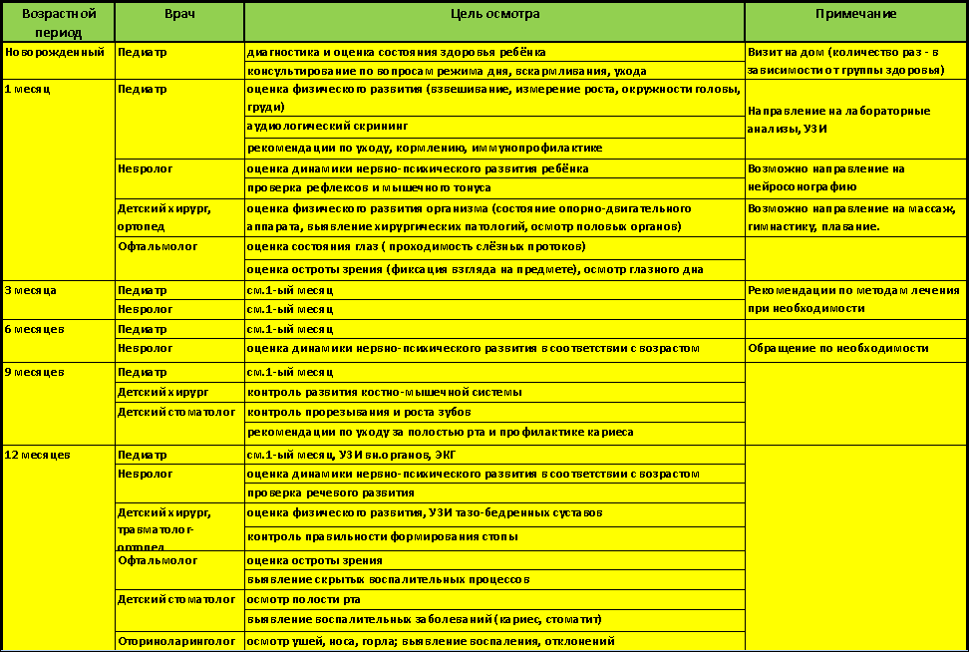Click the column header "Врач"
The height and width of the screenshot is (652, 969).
click(x=179, y=14)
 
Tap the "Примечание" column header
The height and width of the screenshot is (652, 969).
click(x=855, y=14)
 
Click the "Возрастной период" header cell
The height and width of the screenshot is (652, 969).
click(x=58, y=21)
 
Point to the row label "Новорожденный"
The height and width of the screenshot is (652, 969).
click(x=55, y=52)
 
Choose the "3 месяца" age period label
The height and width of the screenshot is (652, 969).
click(x=31, y=290)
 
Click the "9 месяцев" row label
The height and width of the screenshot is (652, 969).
click(x=35, y=372)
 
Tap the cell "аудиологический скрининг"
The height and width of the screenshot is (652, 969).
click(x=327, y=127)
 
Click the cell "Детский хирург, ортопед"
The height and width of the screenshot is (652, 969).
click(x=164, y=217)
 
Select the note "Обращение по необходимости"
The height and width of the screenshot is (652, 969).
click(x=838, y=348)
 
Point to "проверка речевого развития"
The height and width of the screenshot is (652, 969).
click(x=330, y=492)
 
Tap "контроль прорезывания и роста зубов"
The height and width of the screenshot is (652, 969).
click(x=359, y=412)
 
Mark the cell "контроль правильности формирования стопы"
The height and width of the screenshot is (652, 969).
click(x=382, y=536)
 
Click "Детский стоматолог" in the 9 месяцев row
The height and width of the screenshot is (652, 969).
click(x=176, y=411)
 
